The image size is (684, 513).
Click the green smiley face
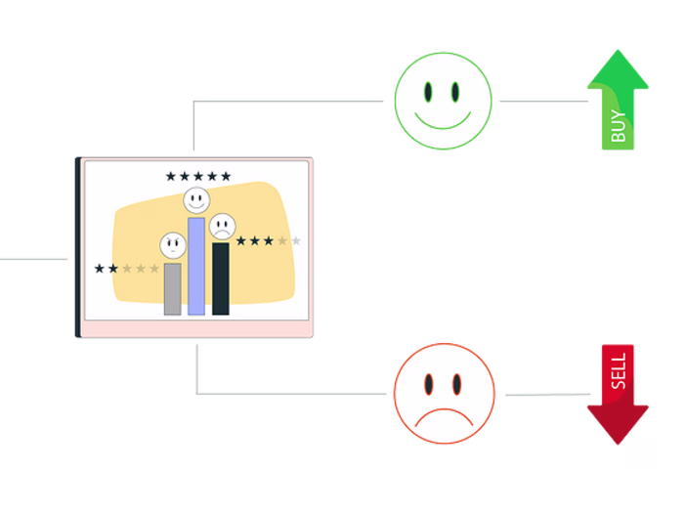click(x=444, y=101)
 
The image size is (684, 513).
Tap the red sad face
click(x=444, y=394)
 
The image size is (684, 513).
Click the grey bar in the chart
click(x=172, y=288)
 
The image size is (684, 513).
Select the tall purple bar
click(x=196, y=266)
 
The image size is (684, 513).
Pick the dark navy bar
click(x=221, y=278)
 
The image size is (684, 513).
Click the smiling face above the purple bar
click(x=196, y=201)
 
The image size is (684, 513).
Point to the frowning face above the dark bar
click(x=223, y=227)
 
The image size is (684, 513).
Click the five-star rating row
click(x=198, y=177)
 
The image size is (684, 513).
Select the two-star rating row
click(x=126, y=269)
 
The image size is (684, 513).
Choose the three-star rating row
click(x=269, y=241)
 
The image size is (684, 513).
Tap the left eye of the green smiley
click(x=428, y=92)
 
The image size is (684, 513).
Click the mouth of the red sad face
click(x=444, y=418)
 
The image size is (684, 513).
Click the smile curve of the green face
click(x=444, y=121)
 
